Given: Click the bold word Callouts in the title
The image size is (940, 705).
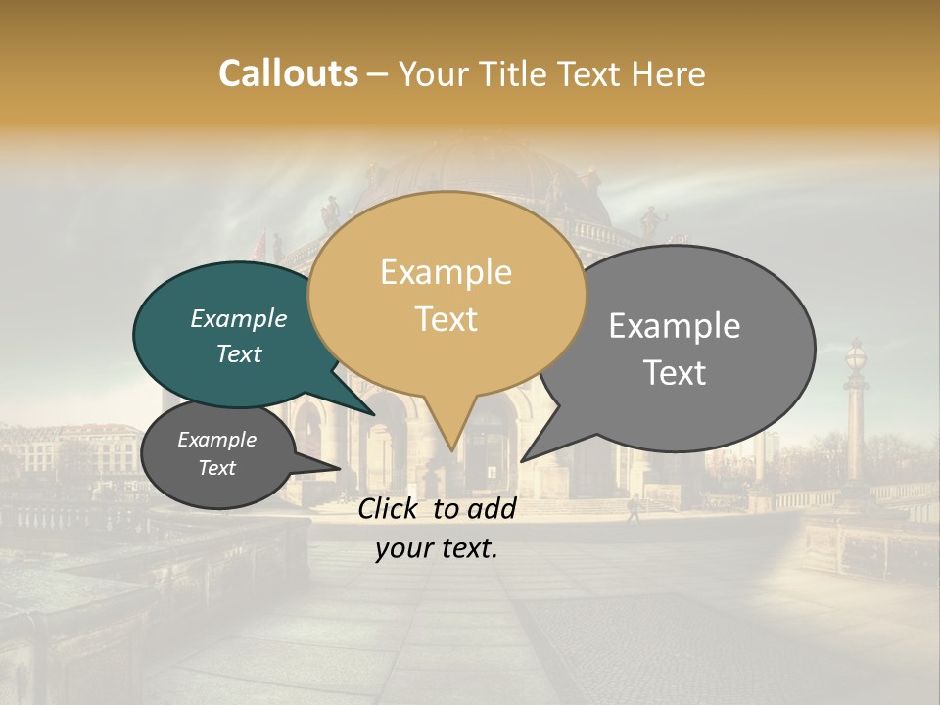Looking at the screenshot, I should click(x=288, y=73).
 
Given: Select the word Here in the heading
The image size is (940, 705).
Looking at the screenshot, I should click(x=669, y=74).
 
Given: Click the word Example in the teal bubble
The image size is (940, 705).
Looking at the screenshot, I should click(x=238, y=319).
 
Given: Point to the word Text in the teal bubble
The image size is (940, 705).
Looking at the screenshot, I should click(x=238, y=353).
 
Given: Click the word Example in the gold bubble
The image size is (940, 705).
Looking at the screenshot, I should click(x=446, y=272).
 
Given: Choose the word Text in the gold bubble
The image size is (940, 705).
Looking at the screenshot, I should click(x=446, y=319).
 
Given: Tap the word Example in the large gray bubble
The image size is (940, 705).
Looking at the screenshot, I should click(x=675, y=326).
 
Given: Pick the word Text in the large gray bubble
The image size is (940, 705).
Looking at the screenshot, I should click(x=675, y=373).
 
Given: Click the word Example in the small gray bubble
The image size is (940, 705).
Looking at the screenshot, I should click(x=216, y=440).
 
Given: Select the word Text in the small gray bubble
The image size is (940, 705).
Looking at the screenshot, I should click(x=216, y=468).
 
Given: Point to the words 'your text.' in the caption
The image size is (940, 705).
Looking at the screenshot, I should click(x=436, y=549).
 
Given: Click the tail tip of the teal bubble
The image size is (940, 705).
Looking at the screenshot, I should click(x=375, y=415).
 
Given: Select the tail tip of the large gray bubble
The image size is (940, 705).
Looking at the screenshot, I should click(x=523, y=460).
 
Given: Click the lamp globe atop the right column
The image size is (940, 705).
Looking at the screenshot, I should click(x=856, y=355).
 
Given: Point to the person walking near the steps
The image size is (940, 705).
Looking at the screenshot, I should click(x=633, y=507).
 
